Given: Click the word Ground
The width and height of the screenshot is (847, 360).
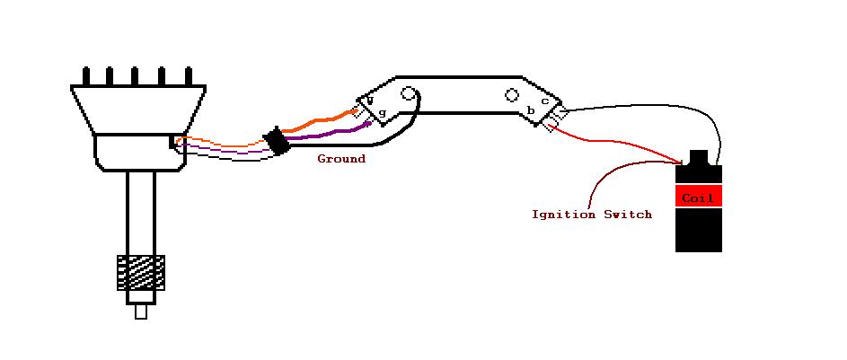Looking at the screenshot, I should point(341,159).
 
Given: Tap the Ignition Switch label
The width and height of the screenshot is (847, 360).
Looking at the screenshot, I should point(591,215).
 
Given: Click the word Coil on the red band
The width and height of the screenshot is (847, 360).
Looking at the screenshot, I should point(698,198).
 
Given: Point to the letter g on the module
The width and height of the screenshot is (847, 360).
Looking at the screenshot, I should point(382,113).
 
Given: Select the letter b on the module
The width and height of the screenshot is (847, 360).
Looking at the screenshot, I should point(531,111).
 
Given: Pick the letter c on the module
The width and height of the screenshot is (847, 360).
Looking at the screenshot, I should point(544,101).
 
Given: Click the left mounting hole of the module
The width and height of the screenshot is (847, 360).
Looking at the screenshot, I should point(409,93).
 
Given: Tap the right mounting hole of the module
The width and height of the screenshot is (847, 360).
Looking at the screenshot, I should point(512,94).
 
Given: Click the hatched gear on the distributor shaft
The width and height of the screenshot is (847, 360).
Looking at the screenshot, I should point(141,272).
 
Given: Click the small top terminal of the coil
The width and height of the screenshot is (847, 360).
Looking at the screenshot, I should point(698,157).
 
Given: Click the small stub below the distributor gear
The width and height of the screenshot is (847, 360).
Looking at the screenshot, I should point(141,312).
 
